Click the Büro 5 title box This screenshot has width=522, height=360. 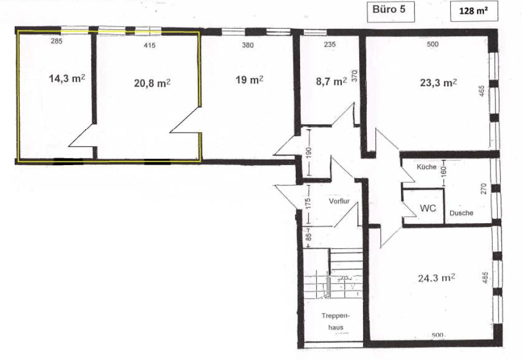coord(391,11)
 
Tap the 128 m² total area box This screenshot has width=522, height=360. coord(474,11)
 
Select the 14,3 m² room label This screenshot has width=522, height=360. coord(67,78)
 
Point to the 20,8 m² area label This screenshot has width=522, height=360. coord(152,83)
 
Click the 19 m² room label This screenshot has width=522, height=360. coord(250,80)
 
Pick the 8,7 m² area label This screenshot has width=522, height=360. coord(331,81)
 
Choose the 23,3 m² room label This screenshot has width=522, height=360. coord(438,82)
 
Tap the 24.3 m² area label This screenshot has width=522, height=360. coord(436,277)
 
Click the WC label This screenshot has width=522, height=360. coord(428,208)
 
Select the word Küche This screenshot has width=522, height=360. coord(426,167)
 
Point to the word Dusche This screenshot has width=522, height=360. coord(461,213)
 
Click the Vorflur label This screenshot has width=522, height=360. coord(339,201)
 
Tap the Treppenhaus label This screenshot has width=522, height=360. coord(336,321)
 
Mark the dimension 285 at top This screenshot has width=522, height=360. coord(56,42)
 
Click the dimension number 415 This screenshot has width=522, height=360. coord(149,45)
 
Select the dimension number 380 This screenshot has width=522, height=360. coord(247,45)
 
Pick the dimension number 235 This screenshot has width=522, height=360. coord(329,45)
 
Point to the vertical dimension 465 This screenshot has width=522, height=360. coord(482,92)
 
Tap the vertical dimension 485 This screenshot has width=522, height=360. coord(485,278)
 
